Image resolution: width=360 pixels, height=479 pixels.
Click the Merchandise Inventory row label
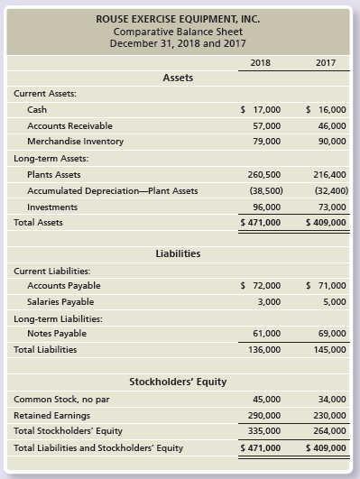pos(76,142)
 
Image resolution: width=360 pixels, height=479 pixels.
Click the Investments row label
pos(52,206)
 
